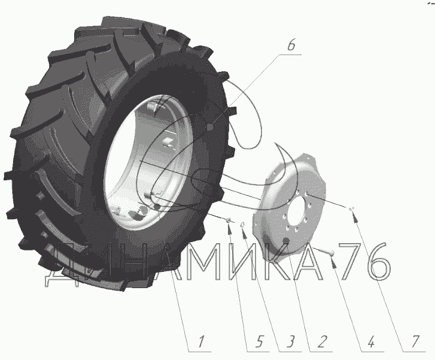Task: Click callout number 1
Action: tap(202, 341)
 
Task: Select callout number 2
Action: tap(322, 341)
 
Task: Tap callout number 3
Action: tap(290, 341)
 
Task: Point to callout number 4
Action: tap(371, 341)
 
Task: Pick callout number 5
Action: tap(259, 341)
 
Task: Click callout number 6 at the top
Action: tap(291, 45)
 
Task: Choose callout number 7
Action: tap(415, 341)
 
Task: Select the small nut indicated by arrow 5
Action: tap(229, 220)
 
